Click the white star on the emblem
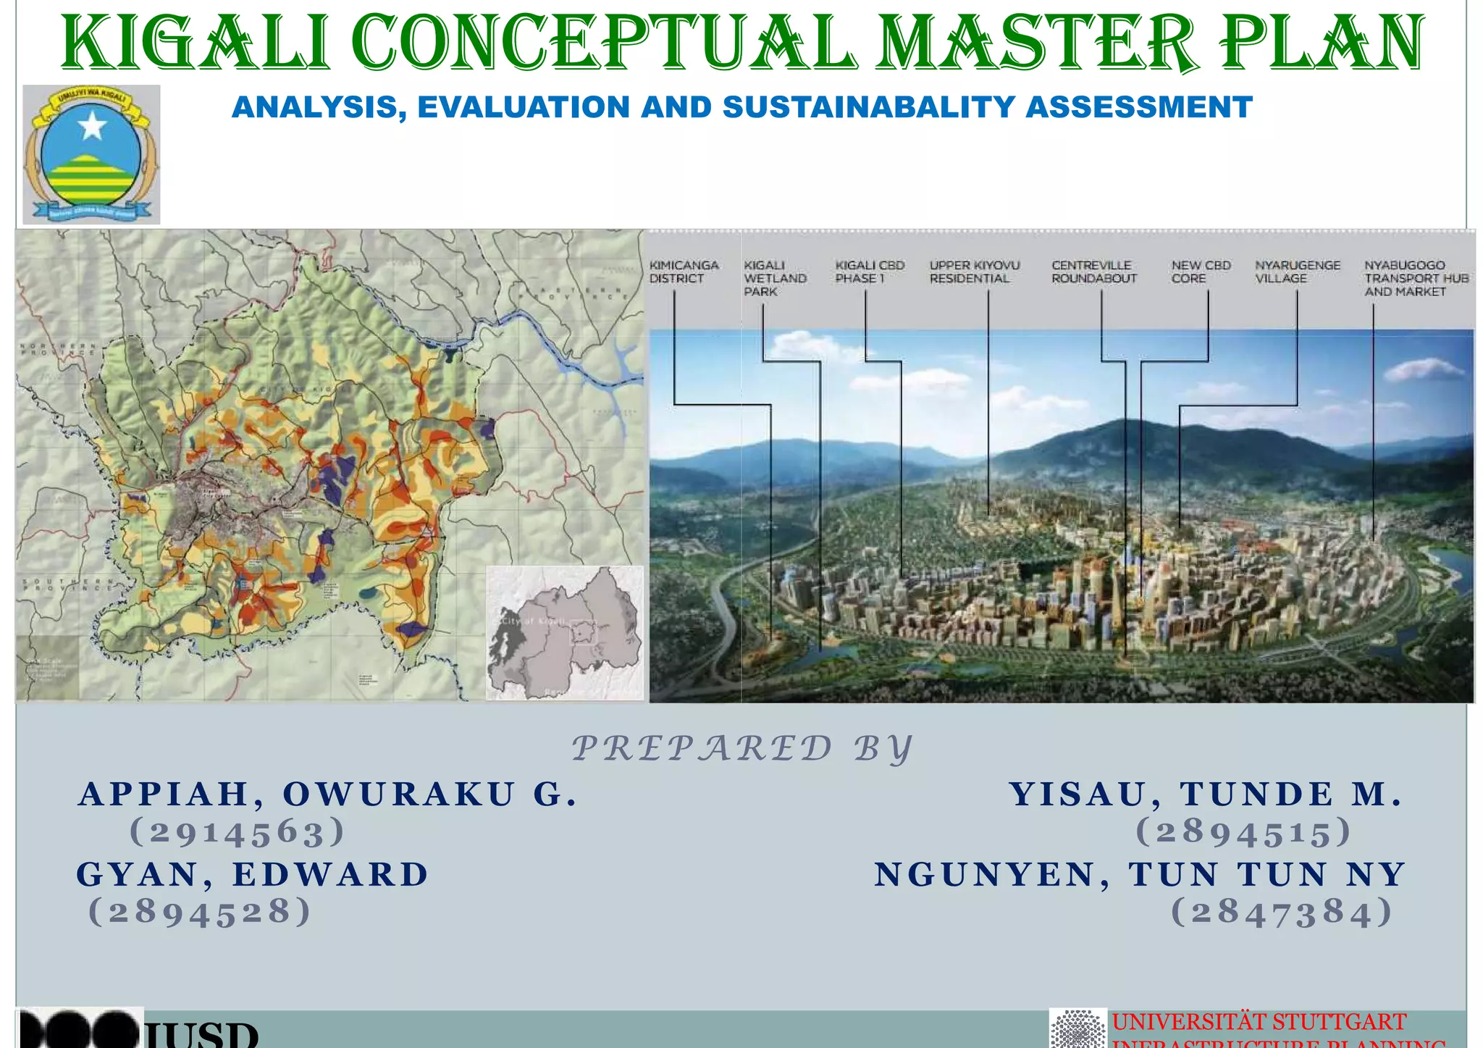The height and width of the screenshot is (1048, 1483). click(x=93, y=127)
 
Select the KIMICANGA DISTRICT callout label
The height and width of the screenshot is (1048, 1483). click(x=683, y=272)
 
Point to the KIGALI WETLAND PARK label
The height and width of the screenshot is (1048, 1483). click(x=775, y=278)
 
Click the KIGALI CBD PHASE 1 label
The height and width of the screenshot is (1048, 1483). click(x=869, y=272)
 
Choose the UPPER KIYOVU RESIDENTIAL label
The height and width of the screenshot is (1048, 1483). click(x=974, y=272)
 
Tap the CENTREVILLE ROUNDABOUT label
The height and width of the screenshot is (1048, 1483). click(x=1093, y=272)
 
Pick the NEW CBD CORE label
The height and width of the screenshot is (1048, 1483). click(x=1201, y=272)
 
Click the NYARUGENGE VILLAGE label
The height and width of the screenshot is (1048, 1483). click(x=1297, y=272)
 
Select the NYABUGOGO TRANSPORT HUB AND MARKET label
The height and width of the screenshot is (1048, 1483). click(x=1416, y=278)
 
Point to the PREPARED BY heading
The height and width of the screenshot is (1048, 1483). click(x=741, y=749)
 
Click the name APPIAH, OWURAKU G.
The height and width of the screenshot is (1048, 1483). click(x=328, y=794)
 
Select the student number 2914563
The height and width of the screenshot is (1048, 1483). click(x=237, y=831)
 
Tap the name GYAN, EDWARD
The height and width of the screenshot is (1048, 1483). click(x=253, y=874)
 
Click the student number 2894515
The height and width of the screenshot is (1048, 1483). click(x=1243, y=831)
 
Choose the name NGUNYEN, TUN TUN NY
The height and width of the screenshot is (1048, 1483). click(x=1140, y=874)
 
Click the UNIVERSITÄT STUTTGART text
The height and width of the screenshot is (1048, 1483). click(x=1259, y=1022)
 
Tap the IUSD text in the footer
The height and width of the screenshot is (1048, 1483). click(x=203, y=1034)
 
